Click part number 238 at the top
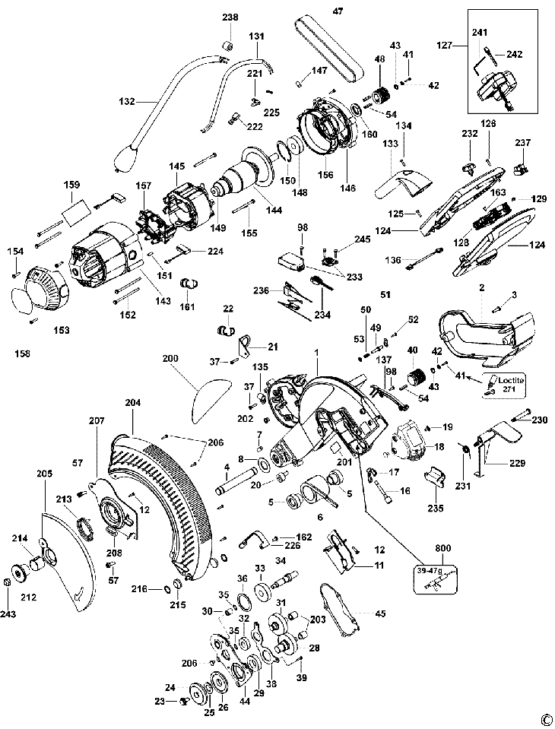coord(230,17)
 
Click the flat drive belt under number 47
coord(327,49)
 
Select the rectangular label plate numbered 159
coord(73,210)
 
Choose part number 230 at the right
coord(539,420)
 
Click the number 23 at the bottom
coord(160,700)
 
